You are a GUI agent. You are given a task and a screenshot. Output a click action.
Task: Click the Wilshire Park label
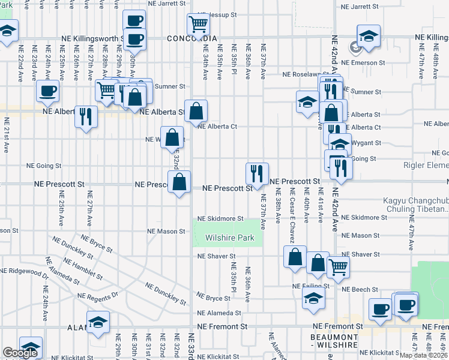coord(230,238)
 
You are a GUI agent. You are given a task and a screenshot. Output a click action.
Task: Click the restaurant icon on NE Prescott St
coord(257,174)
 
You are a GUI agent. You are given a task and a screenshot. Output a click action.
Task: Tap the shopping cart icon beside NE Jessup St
coord(198,25)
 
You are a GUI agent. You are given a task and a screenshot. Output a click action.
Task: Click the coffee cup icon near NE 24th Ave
coord(47,91)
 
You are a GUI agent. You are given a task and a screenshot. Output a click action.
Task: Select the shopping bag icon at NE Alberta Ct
coord(196,111)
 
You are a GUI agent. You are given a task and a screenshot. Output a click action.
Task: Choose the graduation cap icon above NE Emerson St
coord(369,35)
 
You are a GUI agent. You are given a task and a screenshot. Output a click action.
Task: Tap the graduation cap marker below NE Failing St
coord(313,298)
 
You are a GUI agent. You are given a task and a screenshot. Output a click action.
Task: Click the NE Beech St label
coord(356,289)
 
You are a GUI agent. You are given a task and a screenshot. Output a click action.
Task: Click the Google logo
coord(20,353)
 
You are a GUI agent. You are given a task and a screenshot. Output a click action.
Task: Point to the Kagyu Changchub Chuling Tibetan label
coord(415,205)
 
